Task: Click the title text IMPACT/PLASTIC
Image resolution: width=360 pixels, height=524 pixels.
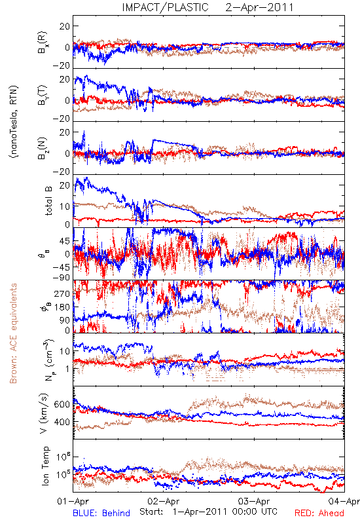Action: click(165, 7)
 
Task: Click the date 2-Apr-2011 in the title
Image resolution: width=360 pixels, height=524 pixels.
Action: click(259, 7)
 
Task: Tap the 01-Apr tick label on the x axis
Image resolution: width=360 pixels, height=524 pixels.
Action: click(73, 501)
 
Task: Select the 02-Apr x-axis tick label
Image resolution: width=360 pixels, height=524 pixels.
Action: click(164, 501)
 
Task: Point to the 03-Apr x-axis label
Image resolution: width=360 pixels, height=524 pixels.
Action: click(254, 501)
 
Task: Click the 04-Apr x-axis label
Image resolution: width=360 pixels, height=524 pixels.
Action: click(344, 501)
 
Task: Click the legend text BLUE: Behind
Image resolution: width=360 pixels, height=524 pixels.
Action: click(101, 513)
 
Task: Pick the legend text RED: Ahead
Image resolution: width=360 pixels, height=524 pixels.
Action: click(319, 513)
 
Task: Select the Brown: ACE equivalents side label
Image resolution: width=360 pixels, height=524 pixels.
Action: click(13, 333)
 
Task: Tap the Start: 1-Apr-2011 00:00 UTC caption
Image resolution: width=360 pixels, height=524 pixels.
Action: click(208, 512)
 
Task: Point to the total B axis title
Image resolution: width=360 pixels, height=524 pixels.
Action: click(48, 201)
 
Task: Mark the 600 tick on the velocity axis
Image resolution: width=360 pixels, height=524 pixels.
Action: click(62, 404)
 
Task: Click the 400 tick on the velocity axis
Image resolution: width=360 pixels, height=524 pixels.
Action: click(62, 422)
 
